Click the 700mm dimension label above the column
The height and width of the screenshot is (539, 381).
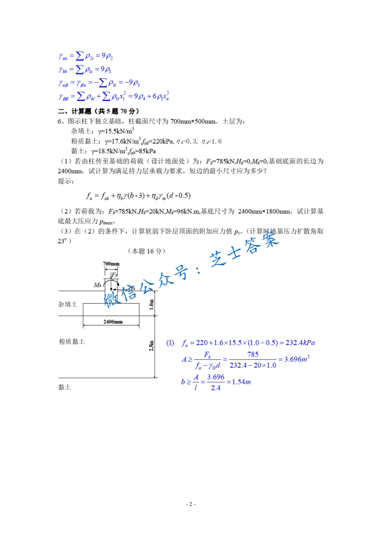point(111,264)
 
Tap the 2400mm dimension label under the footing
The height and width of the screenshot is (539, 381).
point(111,321)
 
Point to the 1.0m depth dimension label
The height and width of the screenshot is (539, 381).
point(152,303)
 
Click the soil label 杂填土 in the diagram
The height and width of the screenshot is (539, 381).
point(67,305)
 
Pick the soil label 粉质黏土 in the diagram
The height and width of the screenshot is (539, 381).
point(71,341)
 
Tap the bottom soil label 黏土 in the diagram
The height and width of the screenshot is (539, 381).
point(64,387)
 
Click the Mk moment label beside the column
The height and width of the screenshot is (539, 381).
point(98,285)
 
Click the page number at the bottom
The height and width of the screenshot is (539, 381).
point(190,504)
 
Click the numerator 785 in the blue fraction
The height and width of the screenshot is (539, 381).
point(253,354)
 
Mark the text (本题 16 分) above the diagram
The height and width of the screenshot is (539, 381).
point(147,251)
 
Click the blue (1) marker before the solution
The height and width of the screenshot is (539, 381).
point(170,343)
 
